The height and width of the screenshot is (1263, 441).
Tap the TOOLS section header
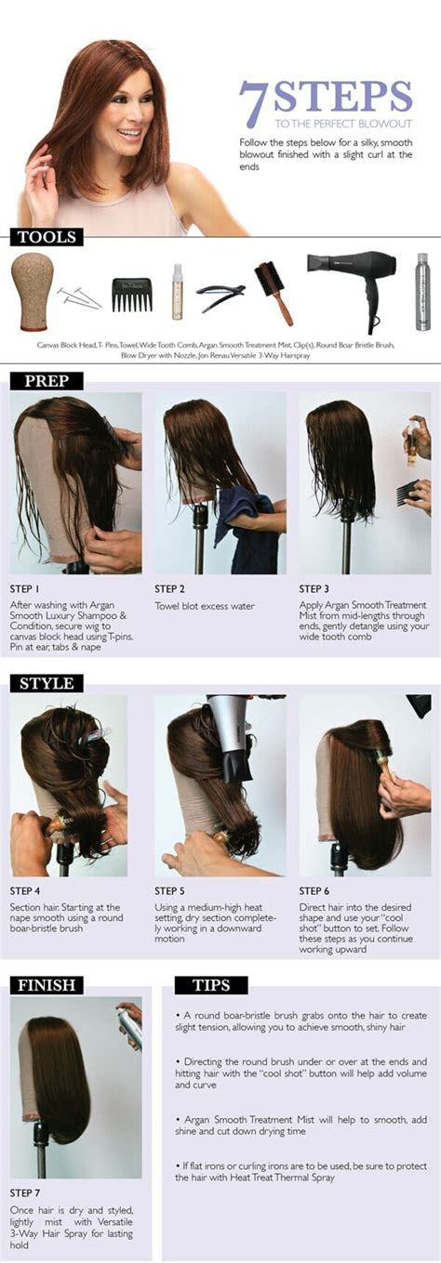[47, 237]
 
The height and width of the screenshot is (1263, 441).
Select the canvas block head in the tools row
[32, 290]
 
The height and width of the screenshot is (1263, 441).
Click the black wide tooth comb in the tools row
[131, 295]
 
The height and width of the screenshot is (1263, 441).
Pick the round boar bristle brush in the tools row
[274, 292]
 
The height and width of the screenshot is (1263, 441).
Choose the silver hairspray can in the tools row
[422, 291]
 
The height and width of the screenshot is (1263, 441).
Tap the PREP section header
[47, 381]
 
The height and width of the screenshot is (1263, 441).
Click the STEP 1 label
[25, 588]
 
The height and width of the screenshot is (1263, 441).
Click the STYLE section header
[47, 683]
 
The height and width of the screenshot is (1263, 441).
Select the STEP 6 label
[314, 890]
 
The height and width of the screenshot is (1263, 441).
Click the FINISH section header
[47, 984]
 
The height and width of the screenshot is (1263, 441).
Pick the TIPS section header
[211, 984]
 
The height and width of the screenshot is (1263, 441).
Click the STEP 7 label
[25, 1192]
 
